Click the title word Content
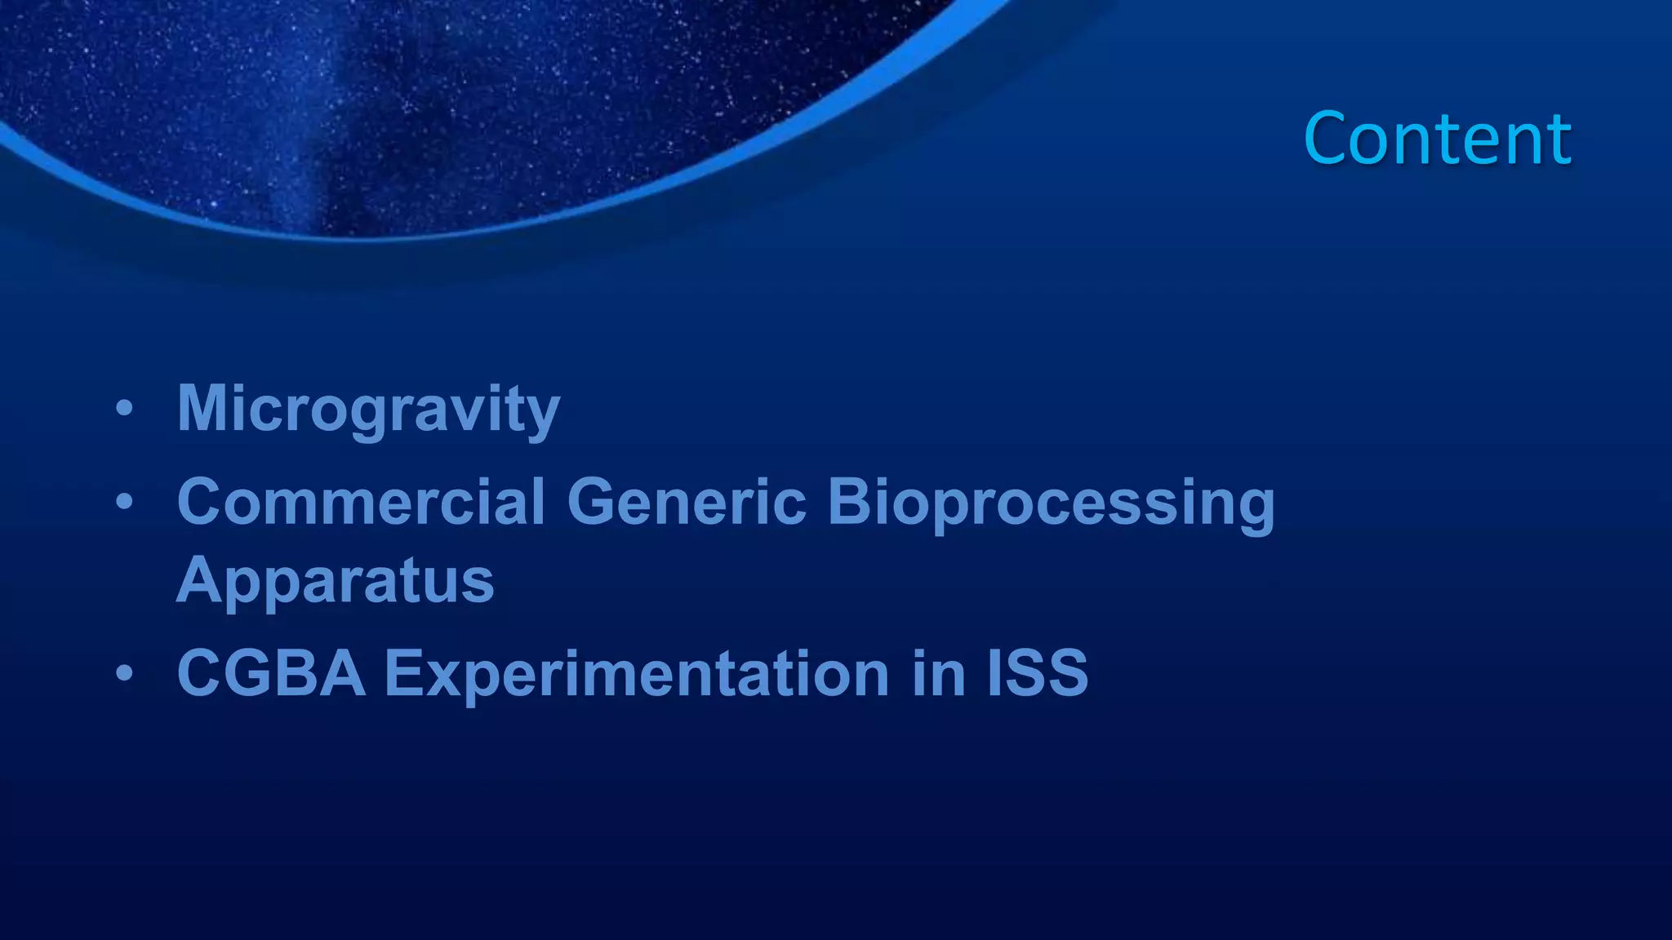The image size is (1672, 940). [1437, 139]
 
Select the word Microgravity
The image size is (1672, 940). [368, 409]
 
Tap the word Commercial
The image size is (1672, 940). [361, 501]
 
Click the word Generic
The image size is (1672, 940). [687, 501]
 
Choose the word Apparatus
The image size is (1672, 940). [336, 580]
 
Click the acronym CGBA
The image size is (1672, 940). [271, 673]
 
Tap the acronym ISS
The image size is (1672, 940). [1038, 673]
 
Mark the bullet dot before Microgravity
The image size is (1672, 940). [124, 409]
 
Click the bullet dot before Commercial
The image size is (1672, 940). [124, 502]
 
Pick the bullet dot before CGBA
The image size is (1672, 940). [124, 674]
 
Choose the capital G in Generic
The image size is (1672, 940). [593, 501]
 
